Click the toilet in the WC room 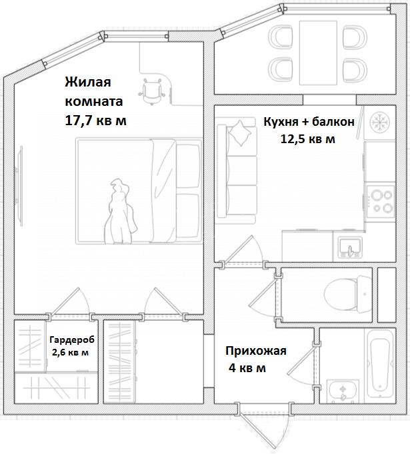point(348,294)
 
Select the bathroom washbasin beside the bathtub point(343,391)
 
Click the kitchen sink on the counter point(350,247)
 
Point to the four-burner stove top point(381,202)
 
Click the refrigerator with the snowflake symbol point(380,122)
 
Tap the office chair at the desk point(152,91)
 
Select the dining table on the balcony point(318,53)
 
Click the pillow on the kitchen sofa point(240,133)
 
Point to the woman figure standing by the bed point(120,212)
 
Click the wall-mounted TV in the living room point(20,185)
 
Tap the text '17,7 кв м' point(96,120)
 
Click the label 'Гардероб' point(72,340)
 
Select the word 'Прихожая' point(256,351)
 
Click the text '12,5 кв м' point(307,139)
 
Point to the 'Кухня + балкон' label point(309,122)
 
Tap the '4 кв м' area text point(247,368)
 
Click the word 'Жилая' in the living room point(88,82)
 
